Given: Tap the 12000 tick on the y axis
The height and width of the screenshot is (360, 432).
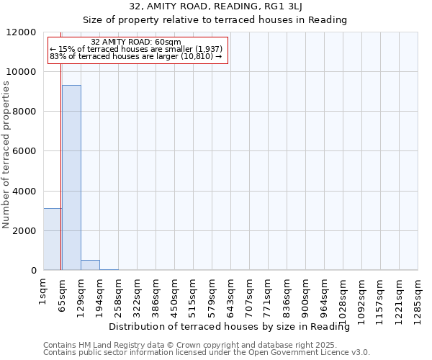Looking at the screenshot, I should (x=22, y=32).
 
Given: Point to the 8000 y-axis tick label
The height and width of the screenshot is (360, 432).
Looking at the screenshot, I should (x=24, y=112).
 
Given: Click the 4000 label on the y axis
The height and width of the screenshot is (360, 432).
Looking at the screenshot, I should (x=24, y=192).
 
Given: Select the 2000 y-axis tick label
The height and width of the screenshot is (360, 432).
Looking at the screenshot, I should (x=24, y=231).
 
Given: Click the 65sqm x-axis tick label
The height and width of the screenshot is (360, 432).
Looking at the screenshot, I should (x=63, y=292).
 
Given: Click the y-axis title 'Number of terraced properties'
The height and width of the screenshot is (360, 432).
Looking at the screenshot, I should (x=6, y=155).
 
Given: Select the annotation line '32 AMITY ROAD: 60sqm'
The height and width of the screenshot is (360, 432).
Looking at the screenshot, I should (x=136, y=42).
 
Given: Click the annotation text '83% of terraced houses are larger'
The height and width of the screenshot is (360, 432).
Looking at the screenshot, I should (x=136, y=56).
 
